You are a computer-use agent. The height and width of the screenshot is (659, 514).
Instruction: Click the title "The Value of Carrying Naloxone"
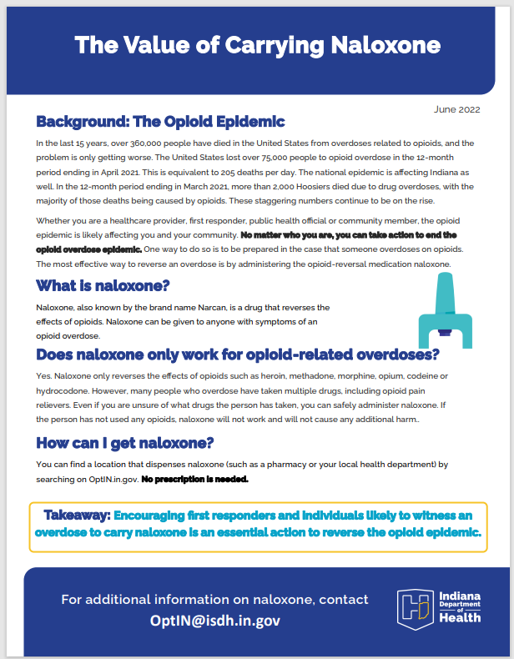pyautogui.click(x=256, y=44)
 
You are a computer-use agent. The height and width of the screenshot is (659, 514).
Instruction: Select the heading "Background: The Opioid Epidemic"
pyautogui.click(x=160, y=122)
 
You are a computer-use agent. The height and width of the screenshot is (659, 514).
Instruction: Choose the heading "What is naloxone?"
pyautogui.click(x=103, y=286)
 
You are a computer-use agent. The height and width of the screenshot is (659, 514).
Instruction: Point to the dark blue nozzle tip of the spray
pyautogui.click(x=445, y=335)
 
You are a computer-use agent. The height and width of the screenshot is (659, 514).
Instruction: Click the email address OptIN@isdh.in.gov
pyautogui.click(x=215, y=621)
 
